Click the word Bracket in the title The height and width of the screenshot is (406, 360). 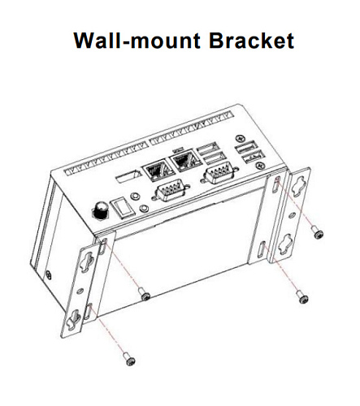point(251,41)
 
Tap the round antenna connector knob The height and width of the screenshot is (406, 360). point(101,210)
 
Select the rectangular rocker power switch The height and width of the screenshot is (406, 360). point(122,207)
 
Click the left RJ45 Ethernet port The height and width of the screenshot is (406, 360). point(158,171)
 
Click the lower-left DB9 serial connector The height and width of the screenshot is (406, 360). point(170,192)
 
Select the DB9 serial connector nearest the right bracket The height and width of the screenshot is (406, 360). point(219,174)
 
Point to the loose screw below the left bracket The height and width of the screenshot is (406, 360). point(129,359)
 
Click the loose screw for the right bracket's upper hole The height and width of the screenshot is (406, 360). point(317,232)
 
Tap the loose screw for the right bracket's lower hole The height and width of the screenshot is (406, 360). point(302,297)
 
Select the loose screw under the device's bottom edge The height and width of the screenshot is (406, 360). point(144,294)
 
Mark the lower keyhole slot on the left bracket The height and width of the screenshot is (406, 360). point(74,319)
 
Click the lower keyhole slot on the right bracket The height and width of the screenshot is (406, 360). point(284,244)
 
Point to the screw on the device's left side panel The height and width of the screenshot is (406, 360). point(49,274)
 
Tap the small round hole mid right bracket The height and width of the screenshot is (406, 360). point(292,216)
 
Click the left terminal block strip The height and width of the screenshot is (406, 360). point(106,158)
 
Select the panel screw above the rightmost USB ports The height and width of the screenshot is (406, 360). point(240,139)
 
